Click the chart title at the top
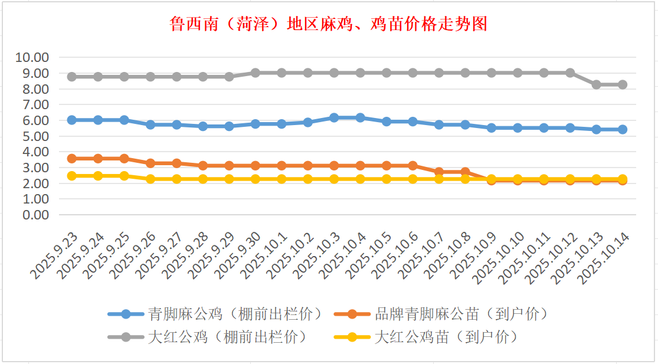[x=328, y=25]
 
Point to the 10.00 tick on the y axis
[x=32, y=58]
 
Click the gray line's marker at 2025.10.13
[x=596, y=84]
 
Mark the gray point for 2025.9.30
[x=256, y=73]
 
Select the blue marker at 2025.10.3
[x=334, y=117]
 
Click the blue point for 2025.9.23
[x=72, y=120]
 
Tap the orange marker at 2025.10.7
[x=438, y=172]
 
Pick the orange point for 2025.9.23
[x=72, y=158]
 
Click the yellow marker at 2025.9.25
[x=125, y=176]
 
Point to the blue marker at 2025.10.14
[x=622, y=129]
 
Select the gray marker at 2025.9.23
[x=72, y=77]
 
